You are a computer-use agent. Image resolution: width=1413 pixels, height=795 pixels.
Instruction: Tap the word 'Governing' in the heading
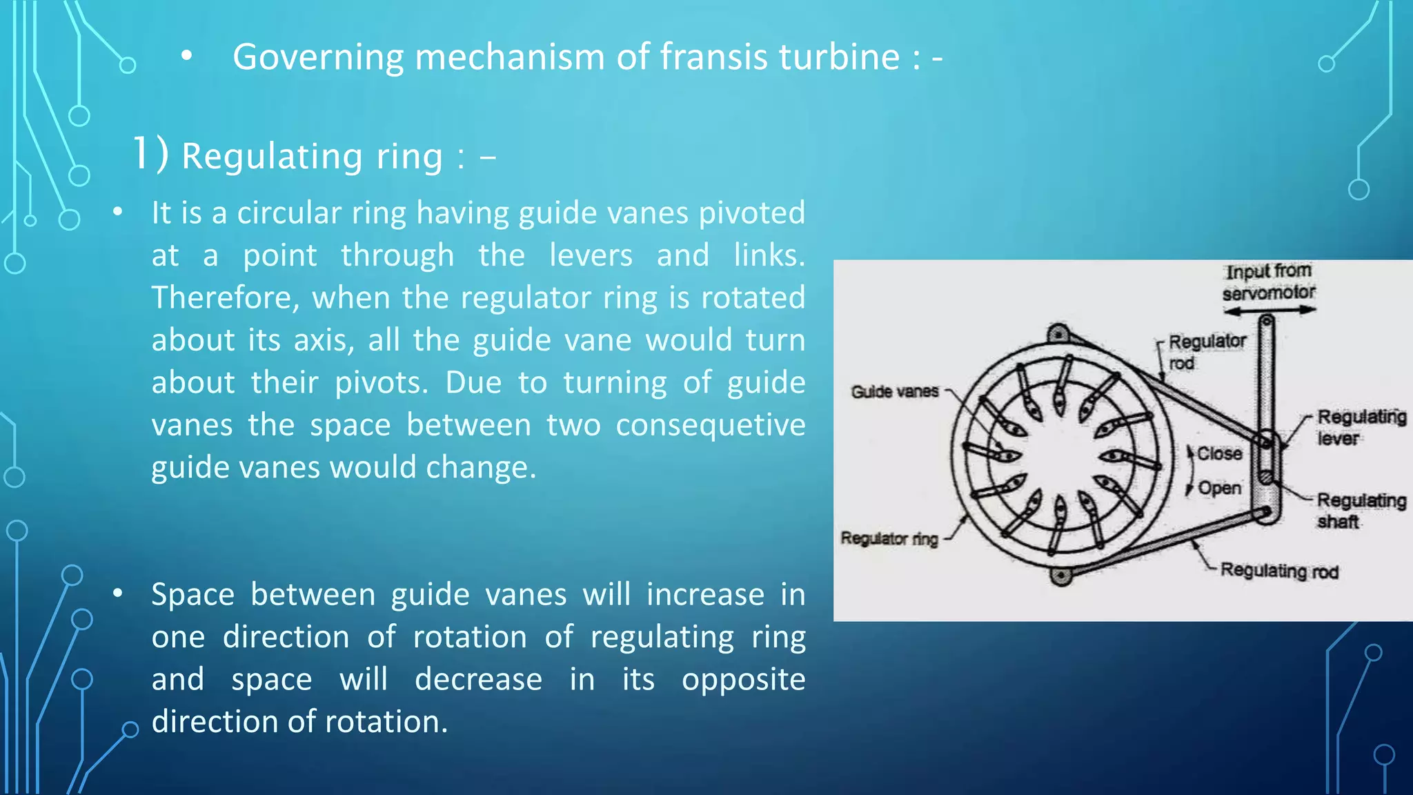pos(318,58)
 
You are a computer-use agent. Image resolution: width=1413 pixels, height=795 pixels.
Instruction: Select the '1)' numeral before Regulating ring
pos(150,154)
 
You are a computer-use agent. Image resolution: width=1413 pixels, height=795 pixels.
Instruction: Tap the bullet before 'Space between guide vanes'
pos(118,593)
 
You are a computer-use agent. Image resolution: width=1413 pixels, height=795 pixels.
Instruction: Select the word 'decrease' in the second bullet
pos(478,680)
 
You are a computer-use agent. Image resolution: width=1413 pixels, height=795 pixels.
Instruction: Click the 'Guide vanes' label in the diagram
pos(894,392)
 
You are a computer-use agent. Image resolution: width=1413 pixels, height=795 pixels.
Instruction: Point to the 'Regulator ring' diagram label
pos(889,538)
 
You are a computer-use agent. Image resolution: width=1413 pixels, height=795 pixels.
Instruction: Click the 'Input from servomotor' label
pos(1268,282)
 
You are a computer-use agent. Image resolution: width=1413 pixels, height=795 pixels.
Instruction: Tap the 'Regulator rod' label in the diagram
pos(1207,352)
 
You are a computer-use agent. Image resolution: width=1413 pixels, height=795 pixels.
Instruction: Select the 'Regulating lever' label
pos(1361,427)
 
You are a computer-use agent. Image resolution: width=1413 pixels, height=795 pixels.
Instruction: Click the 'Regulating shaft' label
pos(1361,511)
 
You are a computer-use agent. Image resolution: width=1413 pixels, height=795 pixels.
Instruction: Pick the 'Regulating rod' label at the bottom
pos(1279,571)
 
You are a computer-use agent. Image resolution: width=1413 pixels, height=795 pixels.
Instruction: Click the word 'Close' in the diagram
pos(1219,453)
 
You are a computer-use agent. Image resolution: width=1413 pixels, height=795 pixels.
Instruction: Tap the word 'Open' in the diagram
pos(1219,488)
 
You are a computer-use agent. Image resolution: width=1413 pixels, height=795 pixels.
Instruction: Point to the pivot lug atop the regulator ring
pos(1058,334)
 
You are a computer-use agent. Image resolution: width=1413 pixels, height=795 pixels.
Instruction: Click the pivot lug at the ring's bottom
pos(1061,575)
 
